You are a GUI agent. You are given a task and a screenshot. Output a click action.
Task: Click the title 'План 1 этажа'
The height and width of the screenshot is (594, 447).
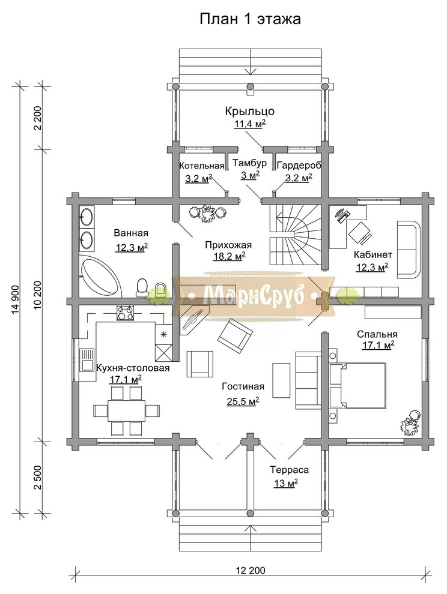point(250,19)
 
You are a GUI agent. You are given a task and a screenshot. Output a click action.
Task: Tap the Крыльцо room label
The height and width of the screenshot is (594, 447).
point(250,112)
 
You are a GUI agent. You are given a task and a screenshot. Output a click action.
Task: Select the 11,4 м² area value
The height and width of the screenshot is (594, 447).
point(249,124)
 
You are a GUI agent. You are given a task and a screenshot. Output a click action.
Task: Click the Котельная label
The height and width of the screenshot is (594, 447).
point(202,166)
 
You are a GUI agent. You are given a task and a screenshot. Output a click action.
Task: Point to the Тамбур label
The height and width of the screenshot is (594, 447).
point(249,163)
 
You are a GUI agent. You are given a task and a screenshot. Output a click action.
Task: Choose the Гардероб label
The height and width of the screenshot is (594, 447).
point(299,166)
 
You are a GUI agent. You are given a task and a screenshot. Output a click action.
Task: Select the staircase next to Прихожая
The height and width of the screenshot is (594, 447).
point(295,235)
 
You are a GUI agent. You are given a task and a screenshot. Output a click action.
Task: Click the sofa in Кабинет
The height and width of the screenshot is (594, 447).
point(409,250)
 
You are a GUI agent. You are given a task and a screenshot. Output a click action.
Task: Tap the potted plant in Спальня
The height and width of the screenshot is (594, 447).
point(410,422)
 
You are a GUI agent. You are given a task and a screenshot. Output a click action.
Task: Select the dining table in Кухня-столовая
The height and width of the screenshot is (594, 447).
point(126,410)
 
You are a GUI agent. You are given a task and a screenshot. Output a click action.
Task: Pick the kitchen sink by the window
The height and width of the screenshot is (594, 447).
point(87,360)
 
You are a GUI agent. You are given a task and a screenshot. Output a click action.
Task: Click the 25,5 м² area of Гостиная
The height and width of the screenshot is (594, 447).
point(243,401)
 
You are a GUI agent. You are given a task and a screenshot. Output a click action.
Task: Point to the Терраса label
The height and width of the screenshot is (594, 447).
point(289,470)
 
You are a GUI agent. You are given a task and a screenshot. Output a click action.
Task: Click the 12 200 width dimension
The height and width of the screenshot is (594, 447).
point(251,570)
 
